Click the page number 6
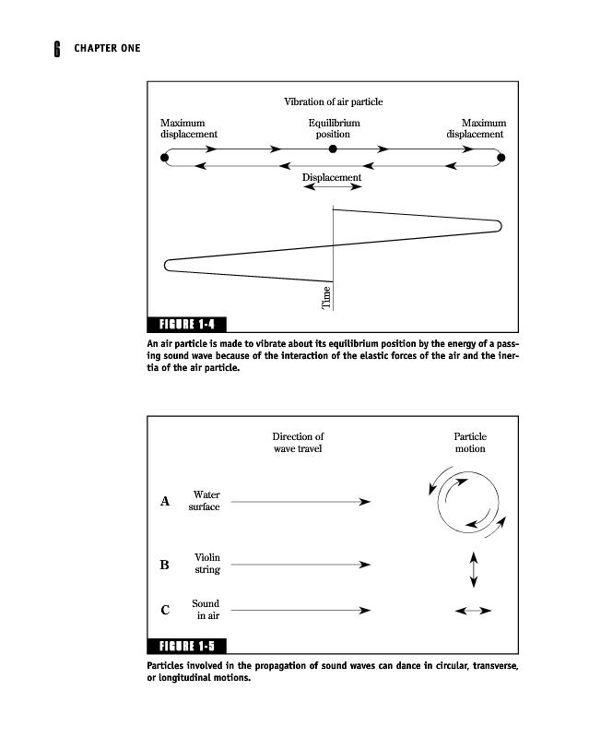pos(56,48)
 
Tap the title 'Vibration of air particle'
pos(333,101)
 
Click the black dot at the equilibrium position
pos(334,149)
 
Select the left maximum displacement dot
pos(165,158)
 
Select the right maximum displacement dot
pos(501,158)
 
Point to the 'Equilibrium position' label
pos(334,128)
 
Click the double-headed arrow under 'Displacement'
pos(332,187)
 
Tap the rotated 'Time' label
pos(325,297)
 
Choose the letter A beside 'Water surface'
pos(166,502)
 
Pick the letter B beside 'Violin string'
pos(165,565)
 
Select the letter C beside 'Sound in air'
pos(165,610)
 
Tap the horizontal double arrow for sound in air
pos(474,611)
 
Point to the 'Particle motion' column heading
pos(470,443)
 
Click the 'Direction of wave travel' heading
pos(298,443)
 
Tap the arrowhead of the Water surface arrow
pos(366,502)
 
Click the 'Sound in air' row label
pos(206,610)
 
